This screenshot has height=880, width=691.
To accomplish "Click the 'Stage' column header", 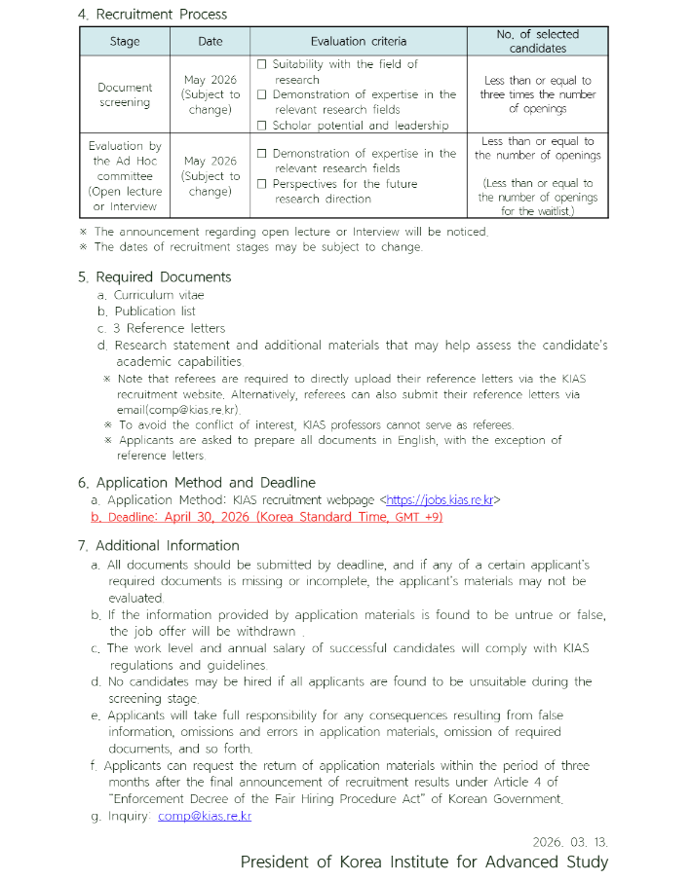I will tap(126, 41).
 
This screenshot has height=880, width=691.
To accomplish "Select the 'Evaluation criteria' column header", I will tap(359, 41).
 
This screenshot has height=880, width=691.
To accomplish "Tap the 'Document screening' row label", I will tap(126, 94).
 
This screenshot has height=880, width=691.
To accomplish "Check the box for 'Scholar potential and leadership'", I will tap(261, 125).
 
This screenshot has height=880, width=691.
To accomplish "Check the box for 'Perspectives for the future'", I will tap(261, 184).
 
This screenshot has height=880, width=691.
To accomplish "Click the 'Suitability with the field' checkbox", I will tap(261, 64).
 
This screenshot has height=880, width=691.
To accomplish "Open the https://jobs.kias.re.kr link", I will tap(440, 500).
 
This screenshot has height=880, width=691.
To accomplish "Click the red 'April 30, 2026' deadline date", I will tap(209, 517).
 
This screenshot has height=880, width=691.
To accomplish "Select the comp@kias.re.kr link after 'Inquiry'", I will tap(205, 816).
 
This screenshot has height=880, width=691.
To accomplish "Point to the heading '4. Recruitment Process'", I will tap(153, 15).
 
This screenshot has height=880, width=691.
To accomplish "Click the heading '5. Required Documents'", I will tap(155, 277).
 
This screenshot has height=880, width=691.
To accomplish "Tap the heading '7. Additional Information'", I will tap(159, 545).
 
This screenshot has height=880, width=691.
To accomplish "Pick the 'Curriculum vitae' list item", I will tap(159, 295).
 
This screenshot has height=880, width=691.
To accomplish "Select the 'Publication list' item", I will tap(155, 312).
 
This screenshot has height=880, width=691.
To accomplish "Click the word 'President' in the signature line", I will tap(278, 862).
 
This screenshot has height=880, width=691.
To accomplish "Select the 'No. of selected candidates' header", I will tap(537, 41).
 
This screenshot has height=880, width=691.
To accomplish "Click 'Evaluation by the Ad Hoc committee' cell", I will tap(126, 176).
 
